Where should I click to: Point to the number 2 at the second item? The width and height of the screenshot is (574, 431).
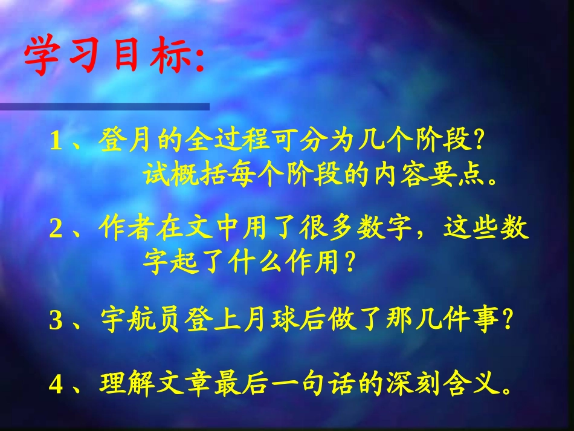[56, 230]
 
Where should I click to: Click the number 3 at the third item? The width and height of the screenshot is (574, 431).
[56, 321]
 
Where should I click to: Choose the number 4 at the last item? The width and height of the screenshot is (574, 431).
[56, 385]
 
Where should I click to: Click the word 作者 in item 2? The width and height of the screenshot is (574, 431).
[127, 230]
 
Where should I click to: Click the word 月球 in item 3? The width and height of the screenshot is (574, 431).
[271, 321]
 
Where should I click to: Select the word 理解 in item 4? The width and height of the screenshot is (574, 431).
[127, 385]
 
